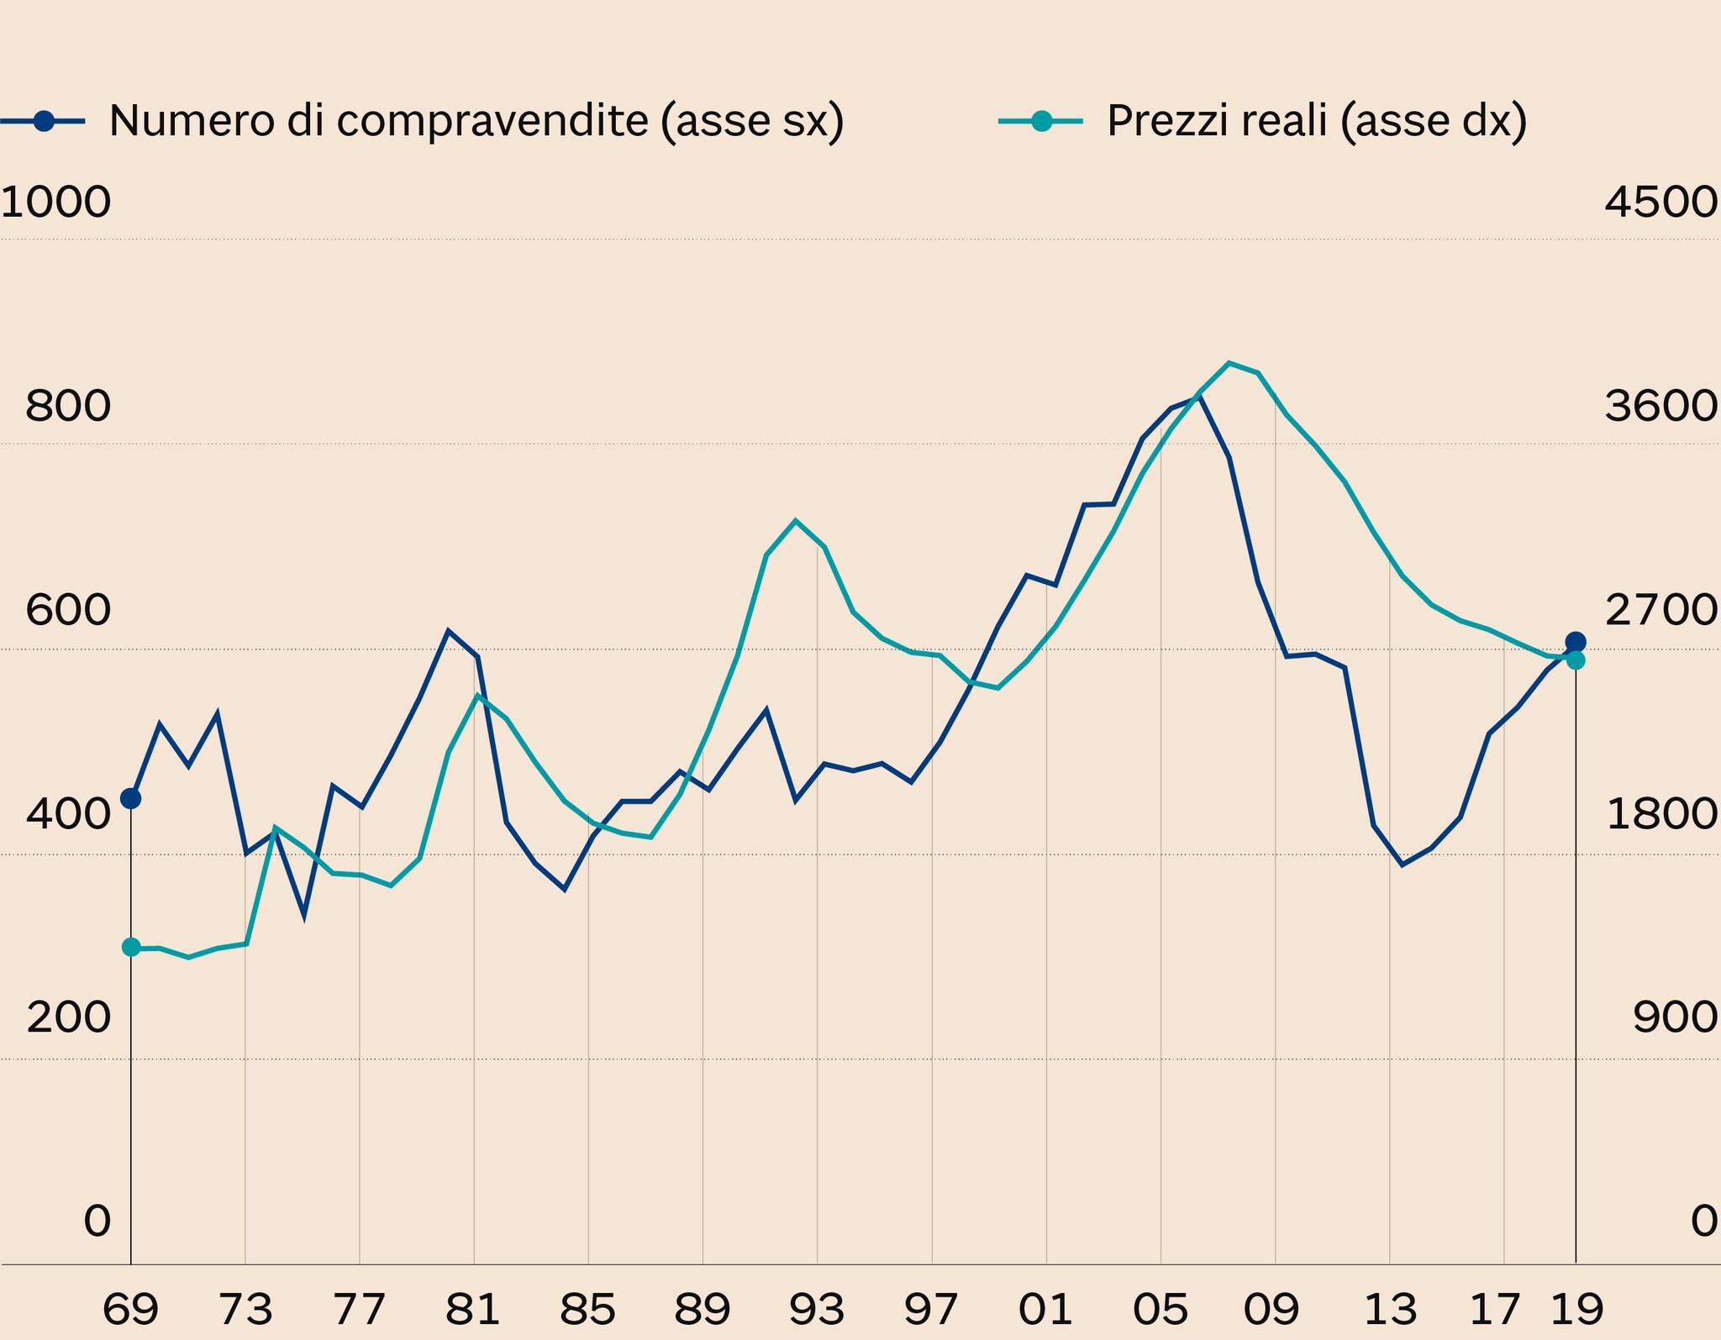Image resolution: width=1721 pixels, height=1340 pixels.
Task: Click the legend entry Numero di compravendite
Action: click(476, 121)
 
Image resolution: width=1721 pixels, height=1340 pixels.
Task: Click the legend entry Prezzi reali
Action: click(1316, 121)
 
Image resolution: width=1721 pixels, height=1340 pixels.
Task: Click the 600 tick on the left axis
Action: click(68, 611)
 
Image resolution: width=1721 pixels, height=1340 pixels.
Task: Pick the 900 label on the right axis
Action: click(1675, 1018)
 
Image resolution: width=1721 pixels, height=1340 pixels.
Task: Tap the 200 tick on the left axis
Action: click(68, 1018)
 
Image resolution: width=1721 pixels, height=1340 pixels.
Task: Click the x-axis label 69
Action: click(130, 1309)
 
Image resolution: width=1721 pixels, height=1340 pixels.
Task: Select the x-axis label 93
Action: click(817, 1309)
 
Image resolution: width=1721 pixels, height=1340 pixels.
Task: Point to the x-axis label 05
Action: click(1160, 1309)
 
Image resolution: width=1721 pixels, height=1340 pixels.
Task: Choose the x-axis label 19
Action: click(1576, 1309)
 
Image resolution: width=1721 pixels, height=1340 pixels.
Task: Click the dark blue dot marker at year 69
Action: click(131, 798)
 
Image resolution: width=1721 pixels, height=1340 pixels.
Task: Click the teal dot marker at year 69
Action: click(131, 947)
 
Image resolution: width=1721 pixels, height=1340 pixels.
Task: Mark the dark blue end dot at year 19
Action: click(1576, 642)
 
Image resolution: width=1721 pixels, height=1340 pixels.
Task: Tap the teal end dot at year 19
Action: click(1576, 660)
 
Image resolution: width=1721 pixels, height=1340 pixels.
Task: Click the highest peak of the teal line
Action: click(1229, 363)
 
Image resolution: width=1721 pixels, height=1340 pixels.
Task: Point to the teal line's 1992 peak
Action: click(795, 520)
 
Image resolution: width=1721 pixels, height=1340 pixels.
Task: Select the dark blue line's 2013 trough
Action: click(1402, 864)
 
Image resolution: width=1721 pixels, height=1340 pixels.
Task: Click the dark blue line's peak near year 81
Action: click(448, 630)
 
